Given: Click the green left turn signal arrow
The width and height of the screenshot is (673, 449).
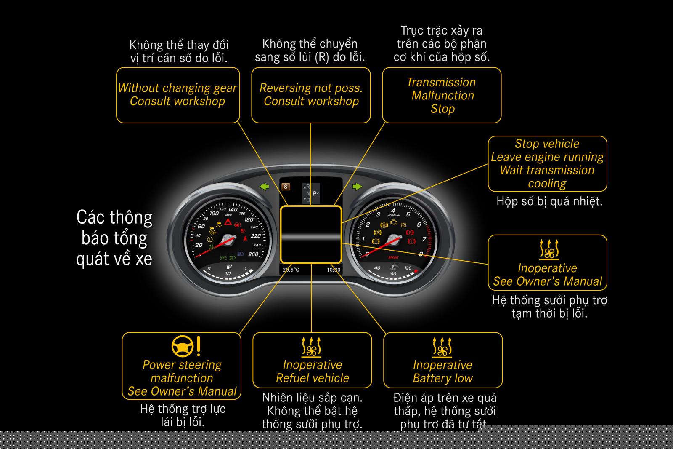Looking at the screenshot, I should [x=264, y=186].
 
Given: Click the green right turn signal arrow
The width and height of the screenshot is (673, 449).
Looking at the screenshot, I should [x=357, y=186].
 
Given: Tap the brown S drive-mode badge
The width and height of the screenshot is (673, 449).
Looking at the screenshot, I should [x=286, y=187].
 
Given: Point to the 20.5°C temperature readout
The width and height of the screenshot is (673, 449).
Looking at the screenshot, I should [x=291, y=270].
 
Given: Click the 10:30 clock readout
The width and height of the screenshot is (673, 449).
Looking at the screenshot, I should [x=334, y=270].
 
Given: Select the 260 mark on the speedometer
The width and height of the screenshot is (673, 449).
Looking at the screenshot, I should [x=253, y=254].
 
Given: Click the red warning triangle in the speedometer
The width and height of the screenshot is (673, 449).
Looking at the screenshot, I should [x=228, y=222].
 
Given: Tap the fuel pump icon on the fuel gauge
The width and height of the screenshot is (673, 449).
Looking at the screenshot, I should [x=228, y=267].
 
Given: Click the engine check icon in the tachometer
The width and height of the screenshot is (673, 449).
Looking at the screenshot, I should [x=394, y=222].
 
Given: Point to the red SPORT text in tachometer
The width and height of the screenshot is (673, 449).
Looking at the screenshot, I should [x=393, y=257].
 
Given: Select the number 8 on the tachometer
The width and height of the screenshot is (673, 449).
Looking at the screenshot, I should [x=421, y=254].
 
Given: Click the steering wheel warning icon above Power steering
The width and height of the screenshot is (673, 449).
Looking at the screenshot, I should [x=183, y=346].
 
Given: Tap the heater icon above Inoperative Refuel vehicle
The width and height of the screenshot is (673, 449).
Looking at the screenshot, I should [x=312, y=347].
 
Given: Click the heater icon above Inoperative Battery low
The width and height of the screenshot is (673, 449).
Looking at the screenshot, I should [x=442, y=347].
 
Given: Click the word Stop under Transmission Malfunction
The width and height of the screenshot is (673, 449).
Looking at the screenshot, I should [x=442, y=109].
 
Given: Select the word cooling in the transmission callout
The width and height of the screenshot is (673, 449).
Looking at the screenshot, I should [x=547, y=184].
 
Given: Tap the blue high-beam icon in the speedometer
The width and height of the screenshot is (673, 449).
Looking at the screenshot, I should [x=241, y=254].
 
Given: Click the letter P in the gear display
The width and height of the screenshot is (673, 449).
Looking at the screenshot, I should [x=315, y=194].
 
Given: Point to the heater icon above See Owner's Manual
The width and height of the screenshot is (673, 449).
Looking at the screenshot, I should [x=549, y=249].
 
